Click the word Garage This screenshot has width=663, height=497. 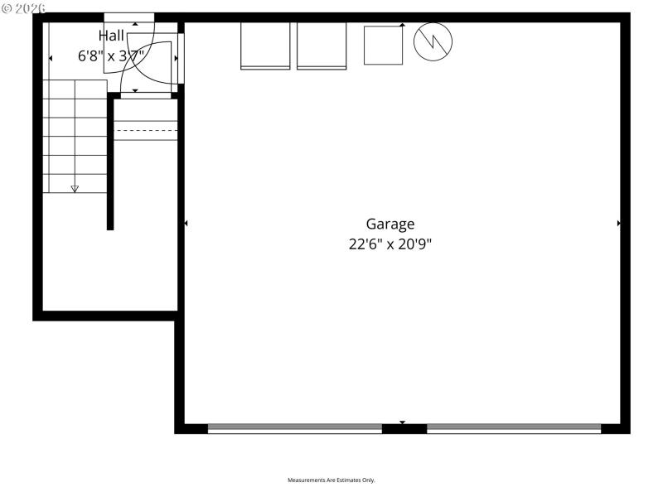(390, 224)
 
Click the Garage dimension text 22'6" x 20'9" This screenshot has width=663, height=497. (390, 244)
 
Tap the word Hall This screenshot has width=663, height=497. (111, 36)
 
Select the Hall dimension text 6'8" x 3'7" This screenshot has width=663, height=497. (111, 56)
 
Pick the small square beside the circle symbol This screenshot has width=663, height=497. (383, 45)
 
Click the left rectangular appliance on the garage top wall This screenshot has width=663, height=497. (265, 46)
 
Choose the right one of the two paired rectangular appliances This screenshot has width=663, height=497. (322, 46)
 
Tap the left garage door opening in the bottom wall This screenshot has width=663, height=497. (294, 428)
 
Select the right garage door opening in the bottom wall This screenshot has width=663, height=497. (514, 428)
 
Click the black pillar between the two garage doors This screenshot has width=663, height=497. (404, 429)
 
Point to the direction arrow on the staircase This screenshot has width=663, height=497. (75, 189)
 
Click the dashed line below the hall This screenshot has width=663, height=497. (146, 131)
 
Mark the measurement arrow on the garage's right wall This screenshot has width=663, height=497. (618, 224)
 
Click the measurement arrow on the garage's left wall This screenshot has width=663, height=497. (186, 224)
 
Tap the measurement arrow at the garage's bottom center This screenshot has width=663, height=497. (403, 422)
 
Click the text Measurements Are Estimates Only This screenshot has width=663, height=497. (331, 480)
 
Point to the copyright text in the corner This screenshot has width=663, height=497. (23, 7)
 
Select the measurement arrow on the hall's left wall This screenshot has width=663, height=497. (51, 58)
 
